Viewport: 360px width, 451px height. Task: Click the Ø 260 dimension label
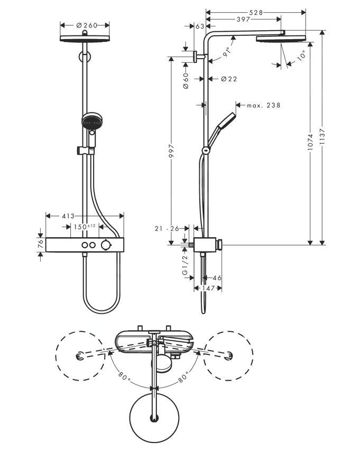[x=85, y=24]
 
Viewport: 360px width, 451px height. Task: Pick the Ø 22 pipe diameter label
[x=228, y=79]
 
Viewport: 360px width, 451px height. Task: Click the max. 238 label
[x=263, y=105]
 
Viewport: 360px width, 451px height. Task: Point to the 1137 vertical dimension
[x=322, y=139]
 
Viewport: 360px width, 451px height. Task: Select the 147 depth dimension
[x=208, y=288]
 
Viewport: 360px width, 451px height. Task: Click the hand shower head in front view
[x=90, y=122]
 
